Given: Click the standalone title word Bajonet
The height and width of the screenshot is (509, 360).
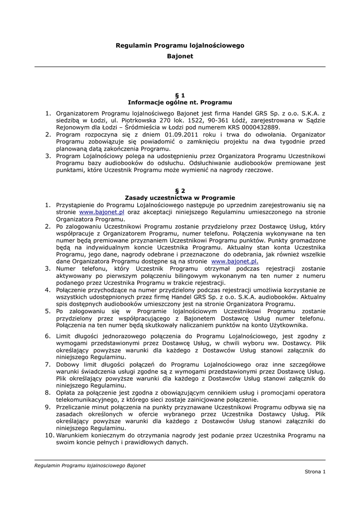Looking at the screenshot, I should coord(180,56).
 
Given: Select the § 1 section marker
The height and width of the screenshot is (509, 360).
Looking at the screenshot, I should coord(180,95).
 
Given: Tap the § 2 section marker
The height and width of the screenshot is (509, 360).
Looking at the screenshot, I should coord(180,190).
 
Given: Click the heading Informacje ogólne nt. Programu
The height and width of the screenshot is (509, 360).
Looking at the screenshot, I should coord(180,102).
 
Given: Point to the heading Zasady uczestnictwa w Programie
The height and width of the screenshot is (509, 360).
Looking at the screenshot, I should coord(180,197).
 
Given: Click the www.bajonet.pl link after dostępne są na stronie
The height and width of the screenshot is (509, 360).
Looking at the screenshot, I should coord(235,261).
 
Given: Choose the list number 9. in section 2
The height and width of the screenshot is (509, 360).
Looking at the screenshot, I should coord(48,407).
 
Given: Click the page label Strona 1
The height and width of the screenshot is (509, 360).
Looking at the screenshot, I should coord(315,471).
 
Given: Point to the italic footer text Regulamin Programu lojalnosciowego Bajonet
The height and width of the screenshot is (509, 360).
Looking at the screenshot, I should coord(90,465).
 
